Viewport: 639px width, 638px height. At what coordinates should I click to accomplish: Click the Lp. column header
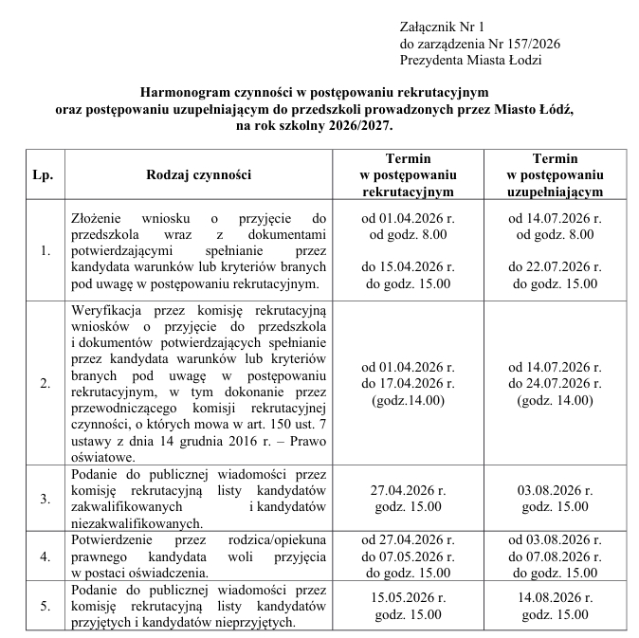click(x=42, y=175)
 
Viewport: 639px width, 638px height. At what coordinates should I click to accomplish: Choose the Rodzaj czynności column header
click(x=198, y=175)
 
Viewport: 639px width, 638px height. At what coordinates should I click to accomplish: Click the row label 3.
click(x=46, y=497)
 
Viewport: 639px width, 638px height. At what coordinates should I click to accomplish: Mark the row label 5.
click(x=46, y=607)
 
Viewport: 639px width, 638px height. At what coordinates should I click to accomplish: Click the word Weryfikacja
click(x=107, y=309)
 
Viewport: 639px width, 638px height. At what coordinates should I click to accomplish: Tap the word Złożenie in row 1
click(x=99, y=217)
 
